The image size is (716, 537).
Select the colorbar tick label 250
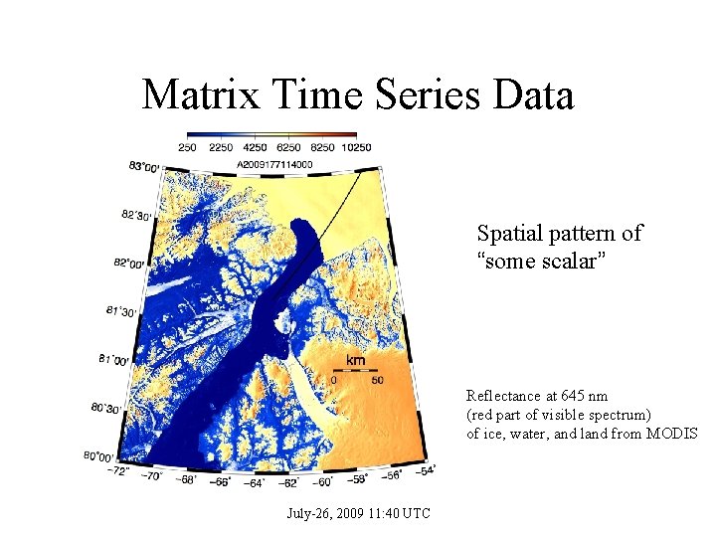coord(187,147)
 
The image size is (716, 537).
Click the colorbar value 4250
coord(267,147)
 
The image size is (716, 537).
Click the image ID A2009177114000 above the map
coord(273,164)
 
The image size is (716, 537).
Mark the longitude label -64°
coord(254,484)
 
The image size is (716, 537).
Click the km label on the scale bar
coord(356,360)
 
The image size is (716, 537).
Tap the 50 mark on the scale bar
coord(378,380)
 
